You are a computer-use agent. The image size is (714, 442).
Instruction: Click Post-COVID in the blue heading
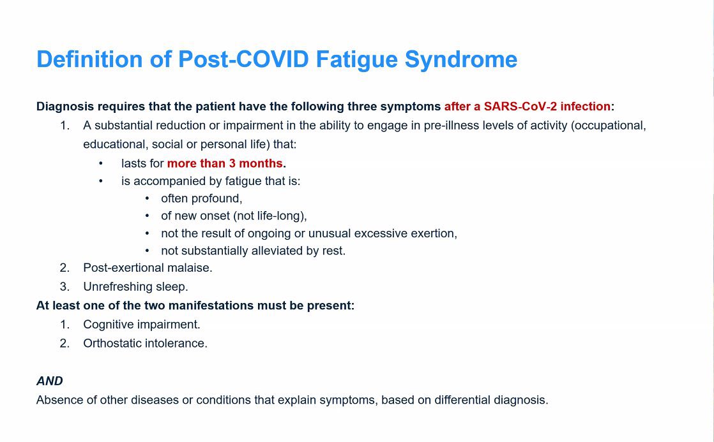(243, 59)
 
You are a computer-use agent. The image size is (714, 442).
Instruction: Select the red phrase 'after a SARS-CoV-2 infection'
(528, 107)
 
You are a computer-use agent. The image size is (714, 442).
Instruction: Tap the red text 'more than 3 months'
(225, 163)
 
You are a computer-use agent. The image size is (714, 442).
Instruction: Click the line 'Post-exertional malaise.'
(148, 268)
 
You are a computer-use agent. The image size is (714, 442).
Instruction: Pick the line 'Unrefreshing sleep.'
(135, 287)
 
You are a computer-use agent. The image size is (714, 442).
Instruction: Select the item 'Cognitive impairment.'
(142, 325)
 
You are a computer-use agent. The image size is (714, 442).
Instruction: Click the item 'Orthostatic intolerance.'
(145, 343)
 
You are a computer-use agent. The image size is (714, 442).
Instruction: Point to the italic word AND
(50, 381)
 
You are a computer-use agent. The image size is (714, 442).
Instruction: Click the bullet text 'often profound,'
(201, 198)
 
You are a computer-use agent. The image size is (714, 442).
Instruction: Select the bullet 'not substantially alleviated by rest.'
(253, 251)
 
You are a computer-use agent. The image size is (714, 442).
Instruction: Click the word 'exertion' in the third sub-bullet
(434, 233)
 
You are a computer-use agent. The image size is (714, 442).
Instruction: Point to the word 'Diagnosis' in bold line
(63, 107)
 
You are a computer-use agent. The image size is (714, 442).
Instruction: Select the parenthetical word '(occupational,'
(609, 126)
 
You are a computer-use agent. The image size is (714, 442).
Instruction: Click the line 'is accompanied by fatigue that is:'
(211, 181)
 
